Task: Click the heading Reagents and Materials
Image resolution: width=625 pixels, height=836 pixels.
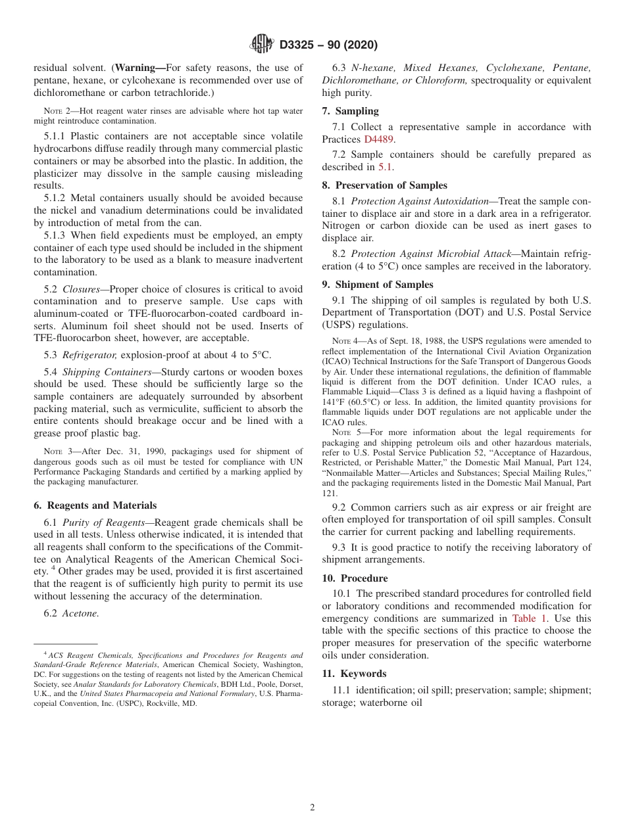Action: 101,505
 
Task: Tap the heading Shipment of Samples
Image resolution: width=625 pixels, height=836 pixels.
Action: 384,285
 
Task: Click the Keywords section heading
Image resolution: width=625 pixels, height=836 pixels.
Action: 361,674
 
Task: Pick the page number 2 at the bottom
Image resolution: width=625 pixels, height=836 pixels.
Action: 312,808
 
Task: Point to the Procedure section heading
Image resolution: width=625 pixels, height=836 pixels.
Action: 361,578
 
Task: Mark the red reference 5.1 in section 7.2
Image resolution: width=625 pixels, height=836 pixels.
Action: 385,167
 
